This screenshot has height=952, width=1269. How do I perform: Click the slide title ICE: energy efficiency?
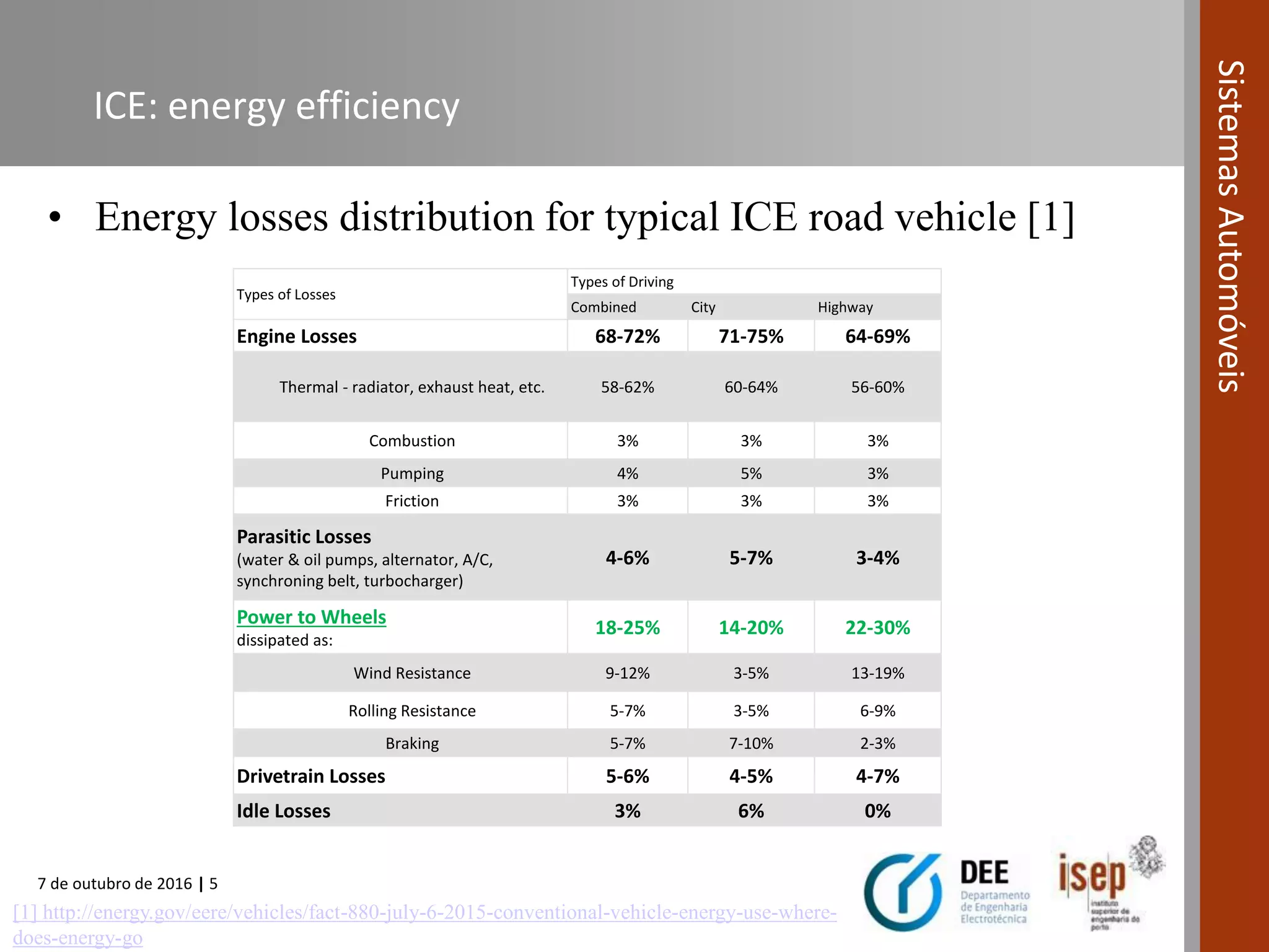click(x=276, y=105)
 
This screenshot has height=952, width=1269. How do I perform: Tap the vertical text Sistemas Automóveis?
click(x=1231, y=226)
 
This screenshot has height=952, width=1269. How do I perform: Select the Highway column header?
click(x=845, y=307)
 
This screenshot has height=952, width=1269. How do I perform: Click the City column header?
click(x=703, y=307)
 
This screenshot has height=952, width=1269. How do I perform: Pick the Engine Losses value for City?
click(x=750, y=337)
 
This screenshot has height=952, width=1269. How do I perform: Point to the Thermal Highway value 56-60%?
click(x=877, y=387)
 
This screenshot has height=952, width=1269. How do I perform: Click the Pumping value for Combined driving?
click(x=627, y=474)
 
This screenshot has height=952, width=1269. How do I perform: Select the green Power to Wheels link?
click(x=311, y=617)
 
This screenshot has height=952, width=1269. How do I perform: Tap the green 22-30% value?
click(x=877, y=628)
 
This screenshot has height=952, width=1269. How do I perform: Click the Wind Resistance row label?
click(x=412, y=673)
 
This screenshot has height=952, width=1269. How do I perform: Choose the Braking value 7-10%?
click(x=750, y=743)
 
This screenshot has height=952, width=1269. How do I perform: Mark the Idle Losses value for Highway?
click(x=877, y=811)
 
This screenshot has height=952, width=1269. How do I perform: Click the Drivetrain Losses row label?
click(x=310, y=777)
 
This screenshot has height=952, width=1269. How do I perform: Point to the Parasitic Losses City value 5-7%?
click(x=750, y=558)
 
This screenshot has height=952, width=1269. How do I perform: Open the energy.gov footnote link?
click(x=424, y=913)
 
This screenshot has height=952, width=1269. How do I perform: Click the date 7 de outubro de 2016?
click(x=115, y=884)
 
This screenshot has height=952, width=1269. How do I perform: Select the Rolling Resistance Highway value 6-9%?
click(x=877, y=711)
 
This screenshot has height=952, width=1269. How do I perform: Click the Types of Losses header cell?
click(x=286, y=295)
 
